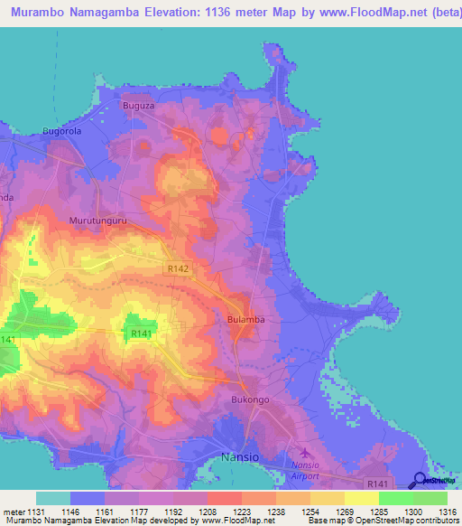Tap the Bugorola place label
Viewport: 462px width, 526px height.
(62, 131)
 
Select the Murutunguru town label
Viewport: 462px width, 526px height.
(96, 220)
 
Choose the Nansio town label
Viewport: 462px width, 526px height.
(240, 458)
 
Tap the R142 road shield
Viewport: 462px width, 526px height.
(178, 268)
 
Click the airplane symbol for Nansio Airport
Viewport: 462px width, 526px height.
(303, 452)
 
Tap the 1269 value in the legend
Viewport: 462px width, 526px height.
(328, 512)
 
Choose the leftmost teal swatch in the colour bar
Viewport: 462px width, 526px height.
(53, 498)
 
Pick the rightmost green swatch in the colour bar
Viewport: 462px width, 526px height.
(430, 498)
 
